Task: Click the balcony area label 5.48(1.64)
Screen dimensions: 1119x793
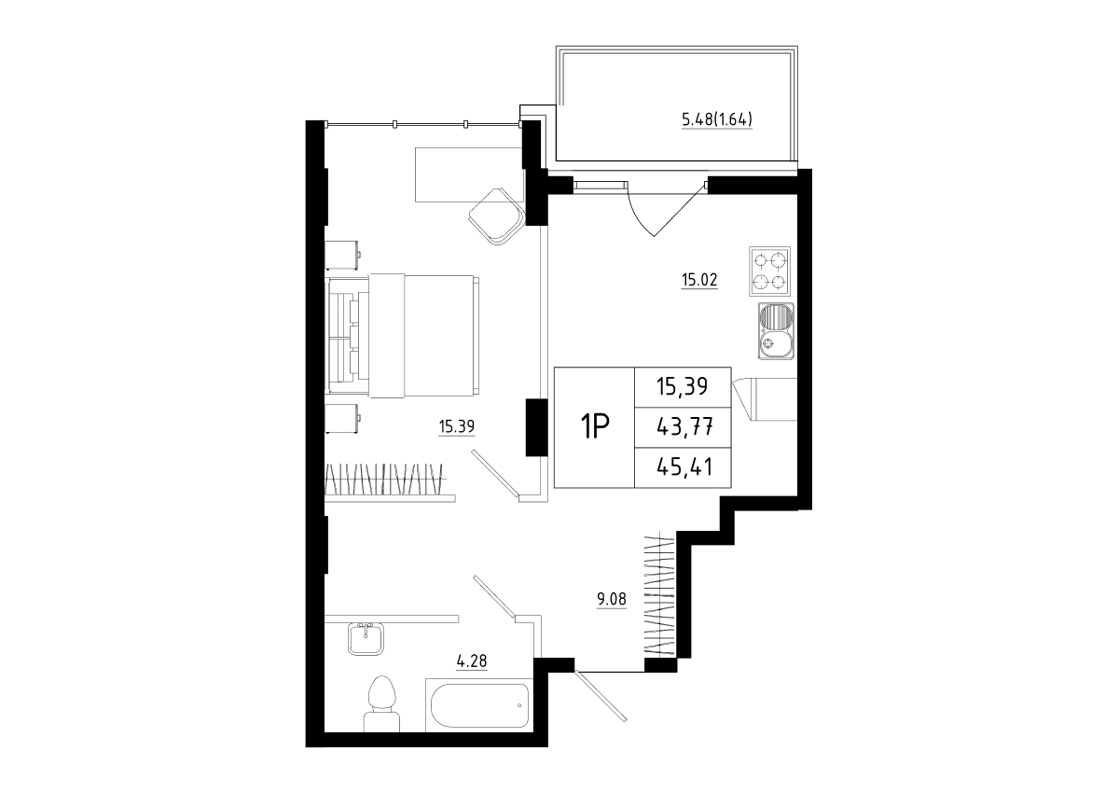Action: coord(717,119)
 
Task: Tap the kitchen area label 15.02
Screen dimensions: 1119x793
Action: coord(699,280)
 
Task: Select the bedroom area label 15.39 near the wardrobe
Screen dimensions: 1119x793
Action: coord(457,426)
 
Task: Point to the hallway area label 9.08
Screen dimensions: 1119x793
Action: coord(612,599)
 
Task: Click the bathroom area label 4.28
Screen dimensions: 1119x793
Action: coord(472,661)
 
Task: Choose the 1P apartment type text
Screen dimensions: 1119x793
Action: coord(594,426)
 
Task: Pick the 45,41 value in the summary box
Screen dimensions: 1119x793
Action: coord(684,467)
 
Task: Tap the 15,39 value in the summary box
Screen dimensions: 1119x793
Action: coord(683,386)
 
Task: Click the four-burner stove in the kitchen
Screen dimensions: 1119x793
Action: coord(770,271)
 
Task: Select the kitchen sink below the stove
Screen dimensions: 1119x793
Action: coord(776,331)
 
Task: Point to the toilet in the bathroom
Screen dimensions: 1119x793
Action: coord(381,703)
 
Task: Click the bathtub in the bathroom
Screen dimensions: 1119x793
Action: coord(479,705)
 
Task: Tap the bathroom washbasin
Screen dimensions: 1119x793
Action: coord(366,638)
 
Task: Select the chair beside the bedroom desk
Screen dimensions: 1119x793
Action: coord(497,216)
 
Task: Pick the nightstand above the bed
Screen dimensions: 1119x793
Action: coord(343,255)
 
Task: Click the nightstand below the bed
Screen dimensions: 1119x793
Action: coord(343,418)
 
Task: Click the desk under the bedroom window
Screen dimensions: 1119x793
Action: coord(469,174)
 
